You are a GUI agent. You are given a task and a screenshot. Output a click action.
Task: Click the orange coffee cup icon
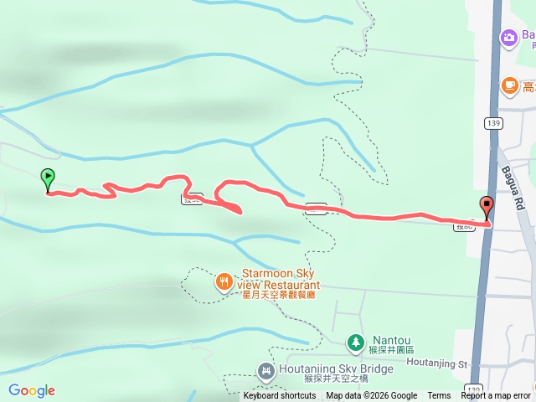click(509, 85)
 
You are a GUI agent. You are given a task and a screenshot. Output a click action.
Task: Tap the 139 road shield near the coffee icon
click(492, 123)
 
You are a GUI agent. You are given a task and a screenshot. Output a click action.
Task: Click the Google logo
click(32, 390)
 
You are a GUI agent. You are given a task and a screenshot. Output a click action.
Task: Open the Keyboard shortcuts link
click(280, 396)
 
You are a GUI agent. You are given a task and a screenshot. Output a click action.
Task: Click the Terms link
click(439, 396)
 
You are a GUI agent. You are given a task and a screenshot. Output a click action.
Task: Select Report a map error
click(496, 396)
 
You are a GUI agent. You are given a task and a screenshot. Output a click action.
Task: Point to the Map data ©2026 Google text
click(371, 396)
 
